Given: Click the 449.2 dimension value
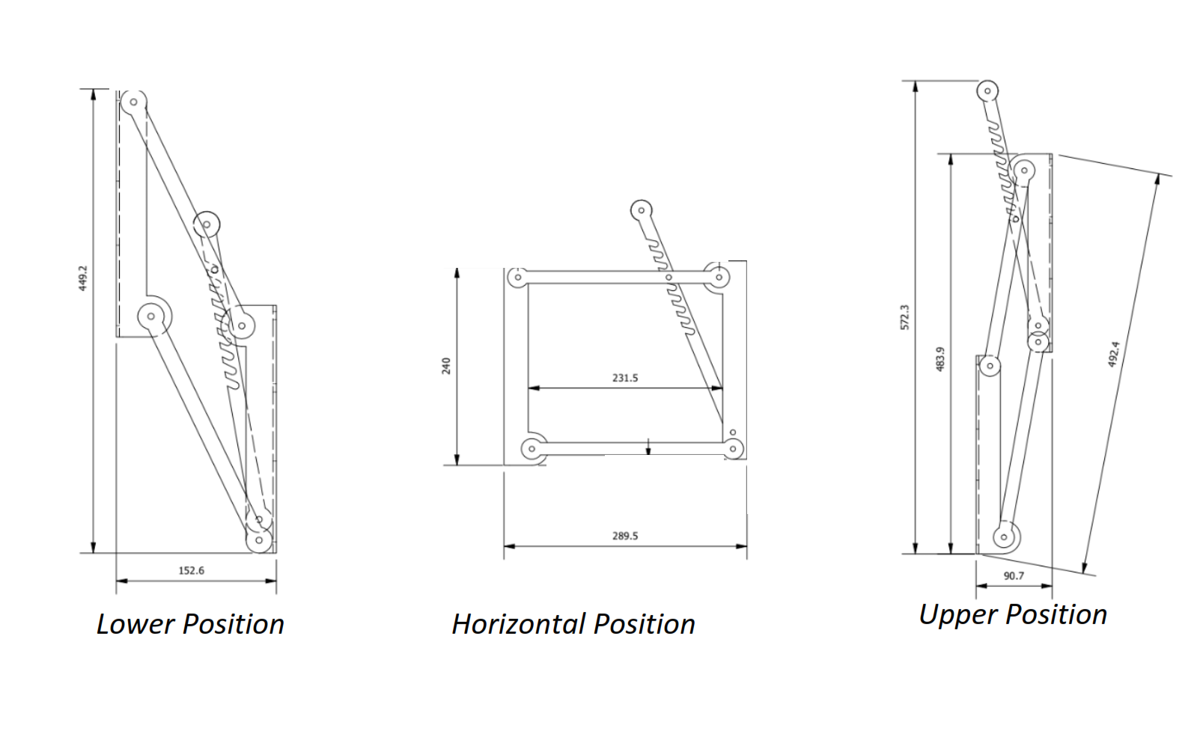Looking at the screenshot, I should (83, 278).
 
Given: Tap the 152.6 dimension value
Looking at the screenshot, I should (191, 570).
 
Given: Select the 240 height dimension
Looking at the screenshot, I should (446, 366).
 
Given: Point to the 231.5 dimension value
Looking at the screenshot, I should (625, 378).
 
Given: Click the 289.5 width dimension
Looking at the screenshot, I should (625, 536).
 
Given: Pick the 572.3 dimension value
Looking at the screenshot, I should (904, 317).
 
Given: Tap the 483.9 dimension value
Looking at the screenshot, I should (940, 358).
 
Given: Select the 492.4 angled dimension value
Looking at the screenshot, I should (1113, 354).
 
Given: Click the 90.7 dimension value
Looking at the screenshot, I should (1014, 575).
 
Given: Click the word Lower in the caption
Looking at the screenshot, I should (135, 624).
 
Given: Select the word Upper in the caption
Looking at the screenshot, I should (957, 614).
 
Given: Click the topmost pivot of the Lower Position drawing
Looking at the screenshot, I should (133, 102).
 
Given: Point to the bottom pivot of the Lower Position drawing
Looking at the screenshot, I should (259, 539).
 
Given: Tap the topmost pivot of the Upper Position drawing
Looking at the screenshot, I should (987, 91).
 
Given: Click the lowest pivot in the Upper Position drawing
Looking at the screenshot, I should (1004, 536).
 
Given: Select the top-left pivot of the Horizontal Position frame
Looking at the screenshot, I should (517, 278).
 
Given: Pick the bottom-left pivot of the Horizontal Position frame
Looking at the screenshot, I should (532, 449).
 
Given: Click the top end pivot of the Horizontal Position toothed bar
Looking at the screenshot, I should (641, 210).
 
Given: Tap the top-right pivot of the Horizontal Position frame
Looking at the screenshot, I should (719, 278).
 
